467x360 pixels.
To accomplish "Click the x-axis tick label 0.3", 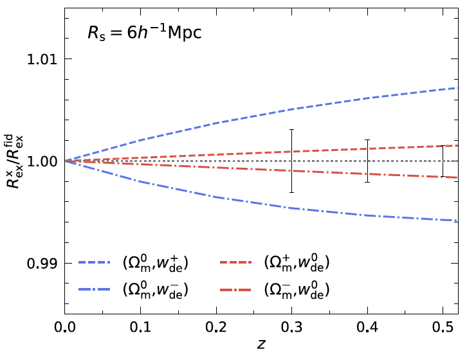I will (x=291, y=327).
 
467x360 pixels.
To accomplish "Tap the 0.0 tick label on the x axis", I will (x=64, y=327).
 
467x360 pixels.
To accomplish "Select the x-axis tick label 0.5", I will (x=443, y=327).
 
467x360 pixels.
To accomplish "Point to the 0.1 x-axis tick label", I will (x=140, y=327).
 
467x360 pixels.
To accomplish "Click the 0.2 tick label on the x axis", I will (x=215, y=327).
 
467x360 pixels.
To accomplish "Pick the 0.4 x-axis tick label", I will (x=367, y=327).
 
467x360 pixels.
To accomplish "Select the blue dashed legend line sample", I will (x=96, y=263).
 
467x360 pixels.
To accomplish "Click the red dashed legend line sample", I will (x=238, y=263).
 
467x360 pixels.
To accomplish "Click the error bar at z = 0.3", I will (x=291, y=161).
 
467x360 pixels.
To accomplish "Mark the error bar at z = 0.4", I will (x=367, y=161).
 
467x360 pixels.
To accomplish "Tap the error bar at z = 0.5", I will (x=443, y=161).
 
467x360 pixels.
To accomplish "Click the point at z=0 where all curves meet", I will (x=64, y=161).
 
